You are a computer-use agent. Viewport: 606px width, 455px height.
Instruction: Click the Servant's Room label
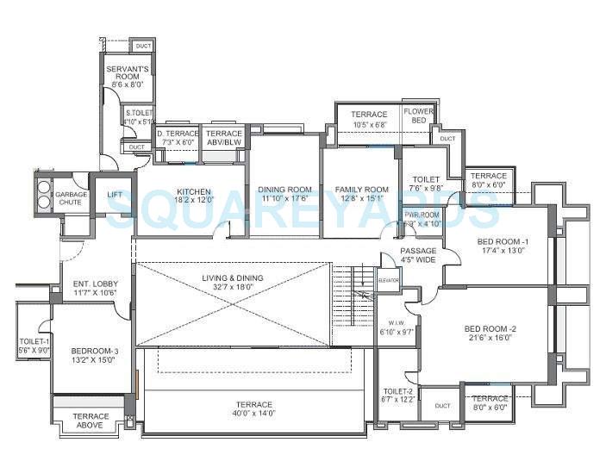[128, 72]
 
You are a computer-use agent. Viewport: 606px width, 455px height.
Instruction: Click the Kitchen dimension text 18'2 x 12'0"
[193, 200]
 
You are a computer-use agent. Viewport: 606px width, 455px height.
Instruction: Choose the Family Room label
[361, 190]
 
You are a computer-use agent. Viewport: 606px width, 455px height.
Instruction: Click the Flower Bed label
[419, 116]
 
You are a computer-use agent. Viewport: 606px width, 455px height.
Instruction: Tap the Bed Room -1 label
[503, 241]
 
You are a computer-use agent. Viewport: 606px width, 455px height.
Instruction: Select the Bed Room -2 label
[490, 328]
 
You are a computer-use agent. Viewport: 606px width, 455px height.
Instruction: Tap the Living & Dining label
[232, 277]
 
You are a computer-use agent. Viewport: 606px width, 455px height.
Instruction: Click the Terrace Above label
[90, 420]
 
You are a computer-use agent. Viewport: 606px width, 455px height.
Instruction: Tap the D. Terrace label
[178, 134]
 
